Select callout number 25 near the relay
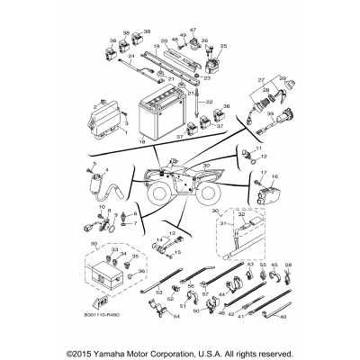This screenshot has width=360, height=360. pos(223,45)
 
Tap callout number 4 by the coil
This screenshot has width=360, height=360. pos(108,169)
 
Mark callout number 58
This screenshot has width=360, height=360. pos(289,265)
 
